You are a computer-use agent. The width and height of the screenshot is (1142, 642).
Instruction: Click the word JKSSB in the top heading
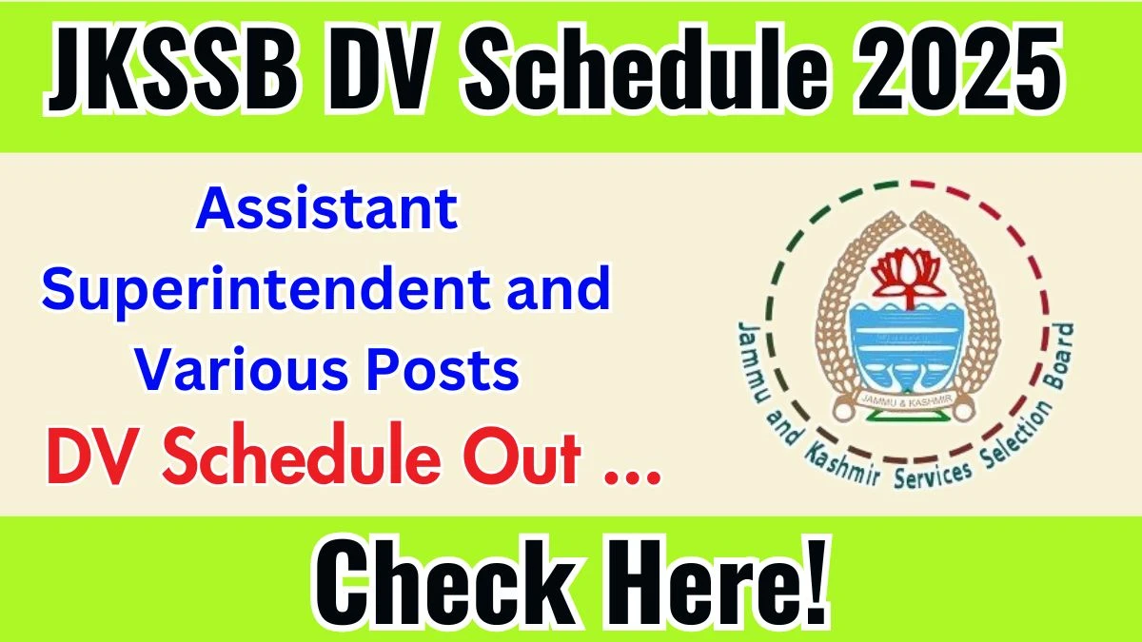[172, 68]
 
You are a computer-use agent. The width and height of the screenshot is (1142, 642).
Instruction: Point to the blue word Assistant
[326, 209]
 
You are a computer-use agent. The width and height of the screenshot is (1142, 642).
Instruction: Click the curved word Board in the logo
[1057, 356]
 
